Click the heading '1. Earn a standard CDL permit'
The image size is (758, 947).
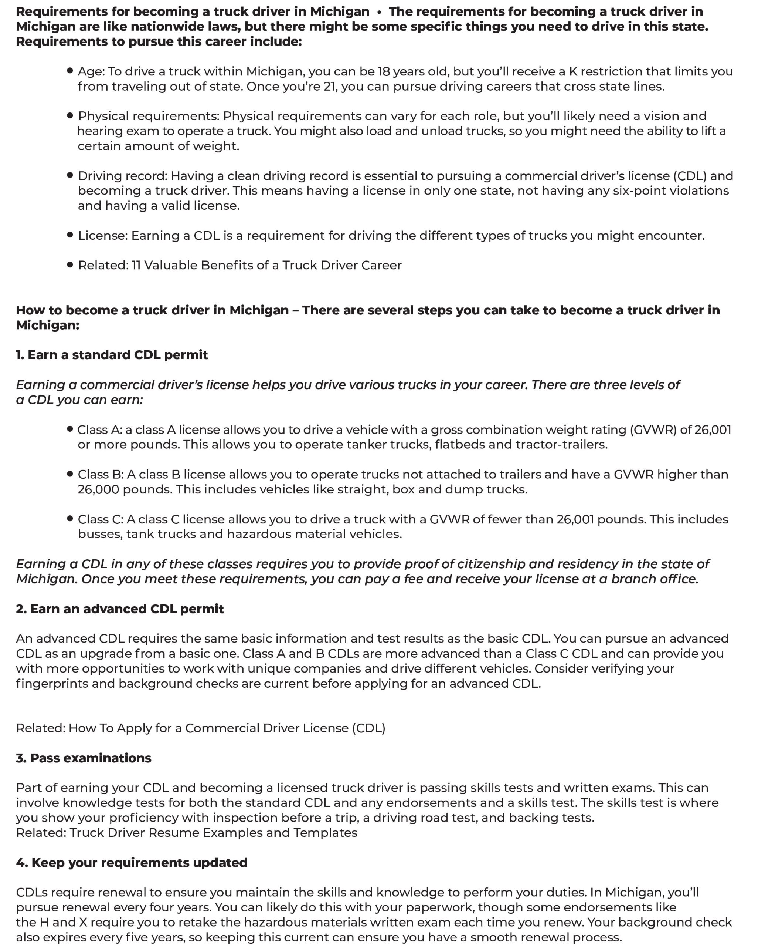[112, 355]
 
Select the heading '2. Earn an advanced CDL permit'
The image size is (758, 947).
[120, 609]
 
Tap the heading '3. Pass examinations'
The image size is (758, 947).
[84, 758]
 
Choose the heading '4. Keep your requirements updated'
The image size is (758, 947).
[132, 863]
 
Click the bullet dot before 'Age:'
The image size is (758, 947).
[70, 70]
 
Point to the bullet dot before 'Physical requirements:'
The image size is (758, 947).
[70, 115]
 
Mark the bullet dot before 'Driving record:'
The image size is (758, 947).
[70, 175]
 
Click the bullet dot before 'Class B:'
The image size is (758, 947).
[70, 473]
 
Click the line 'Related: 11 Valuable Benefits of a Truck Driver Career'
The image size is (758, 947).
[239, 265]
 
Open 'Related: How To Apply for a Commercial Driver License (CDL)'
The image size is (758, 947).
[201, 728]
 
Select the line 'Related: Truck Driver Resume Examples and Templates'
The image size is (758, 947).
[187, 833]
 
